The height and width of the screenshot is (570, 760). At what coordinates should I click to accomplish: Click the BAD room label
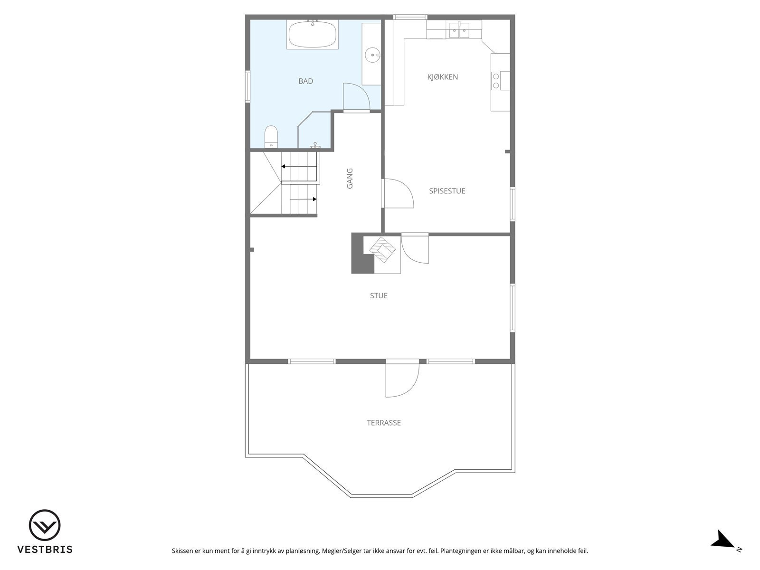[x=305, y=81]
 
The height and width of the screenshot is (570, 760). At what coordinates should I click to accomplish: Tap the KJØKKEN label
[x=442, y=77]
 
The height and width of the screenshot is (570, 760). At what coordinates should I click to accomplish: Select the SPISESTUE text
[x=447, y=191]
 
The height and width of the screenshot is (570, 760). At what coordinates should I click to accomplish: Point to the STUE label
[x=379, y=295]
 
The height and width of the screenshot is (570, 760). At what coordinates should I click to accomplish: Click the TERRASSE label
[x=383, y=423]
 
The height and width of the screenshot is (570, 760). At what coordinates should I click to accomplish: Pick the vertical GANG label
[x=350, y=178]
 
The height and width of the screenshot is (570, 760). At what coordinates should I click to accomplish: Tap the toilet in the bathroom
[x=271, y=136]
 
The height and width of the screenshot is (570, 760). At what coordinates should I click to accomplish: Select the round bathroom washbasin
[x=371, y=55]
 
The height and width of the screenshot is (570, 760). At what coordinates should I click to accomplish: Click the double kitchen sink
[x=459, y=30]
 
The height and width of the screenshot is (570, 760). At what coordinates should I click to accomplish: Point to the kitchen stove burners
[x=496, y=81]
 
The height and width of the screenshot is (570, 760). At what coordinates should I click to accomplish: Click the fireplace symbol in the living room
[x=383, y=249]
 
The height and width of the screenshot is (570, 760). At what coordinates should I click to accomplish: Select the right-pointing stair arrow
[x=314, y=199]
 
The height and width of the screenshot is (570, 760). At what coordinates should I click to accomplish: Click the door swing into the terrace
[x=401, y=380]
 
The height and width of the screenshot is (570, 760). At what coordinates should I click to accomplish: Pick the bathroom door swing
[x=356, y=97]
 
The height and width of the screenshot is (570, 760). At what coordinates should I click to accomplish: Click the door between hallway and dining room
[x=398, y=193]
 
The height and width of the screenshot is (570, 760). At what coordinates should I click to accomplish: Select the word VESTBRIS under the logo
[x=45, y=549]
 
